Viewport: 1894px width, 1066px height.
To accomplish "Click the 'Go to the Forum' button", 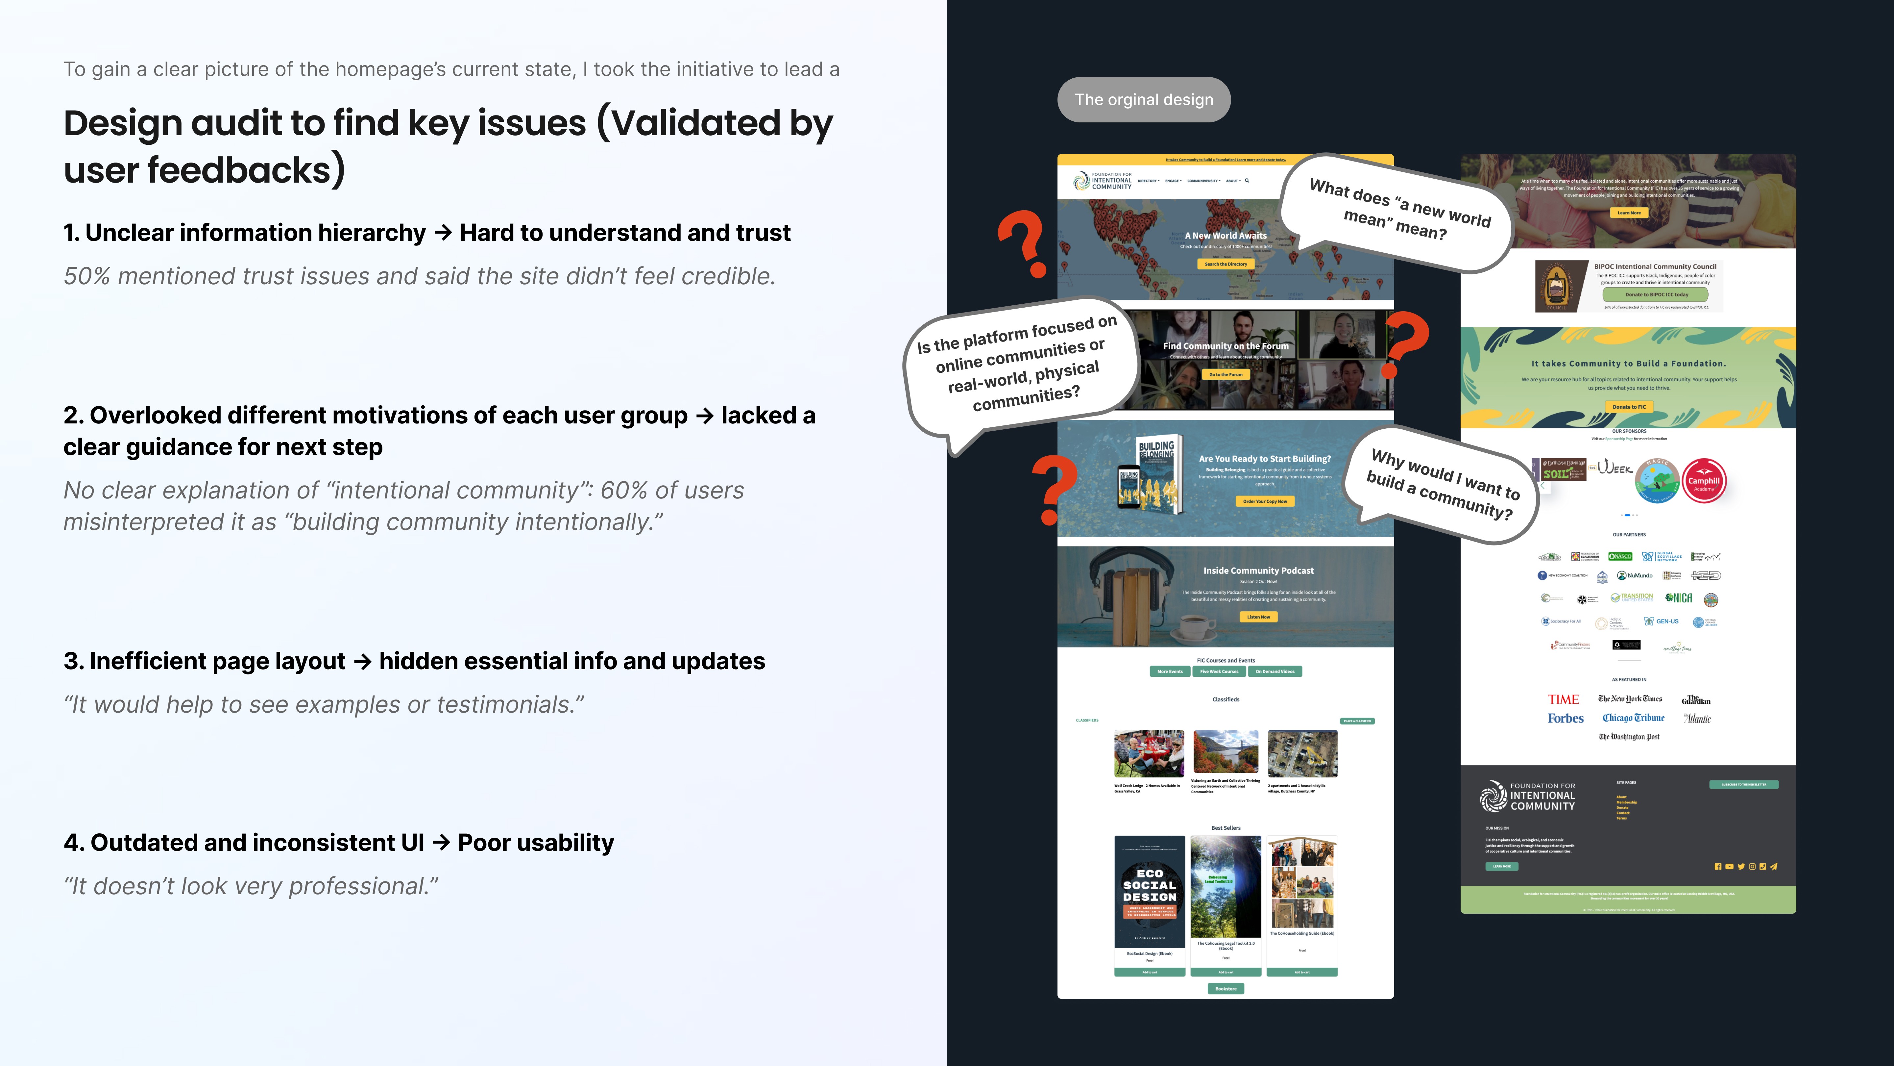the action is coord(1226,374).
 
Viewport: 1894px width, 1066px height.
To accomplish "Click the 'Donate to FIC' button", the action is coord(1629,407).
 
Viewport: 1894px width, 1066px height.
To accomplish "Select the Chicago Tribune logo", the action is coord(1633,718).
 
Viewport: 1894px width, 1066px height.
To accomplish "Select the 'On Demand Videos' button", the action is coord(1275,671).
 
